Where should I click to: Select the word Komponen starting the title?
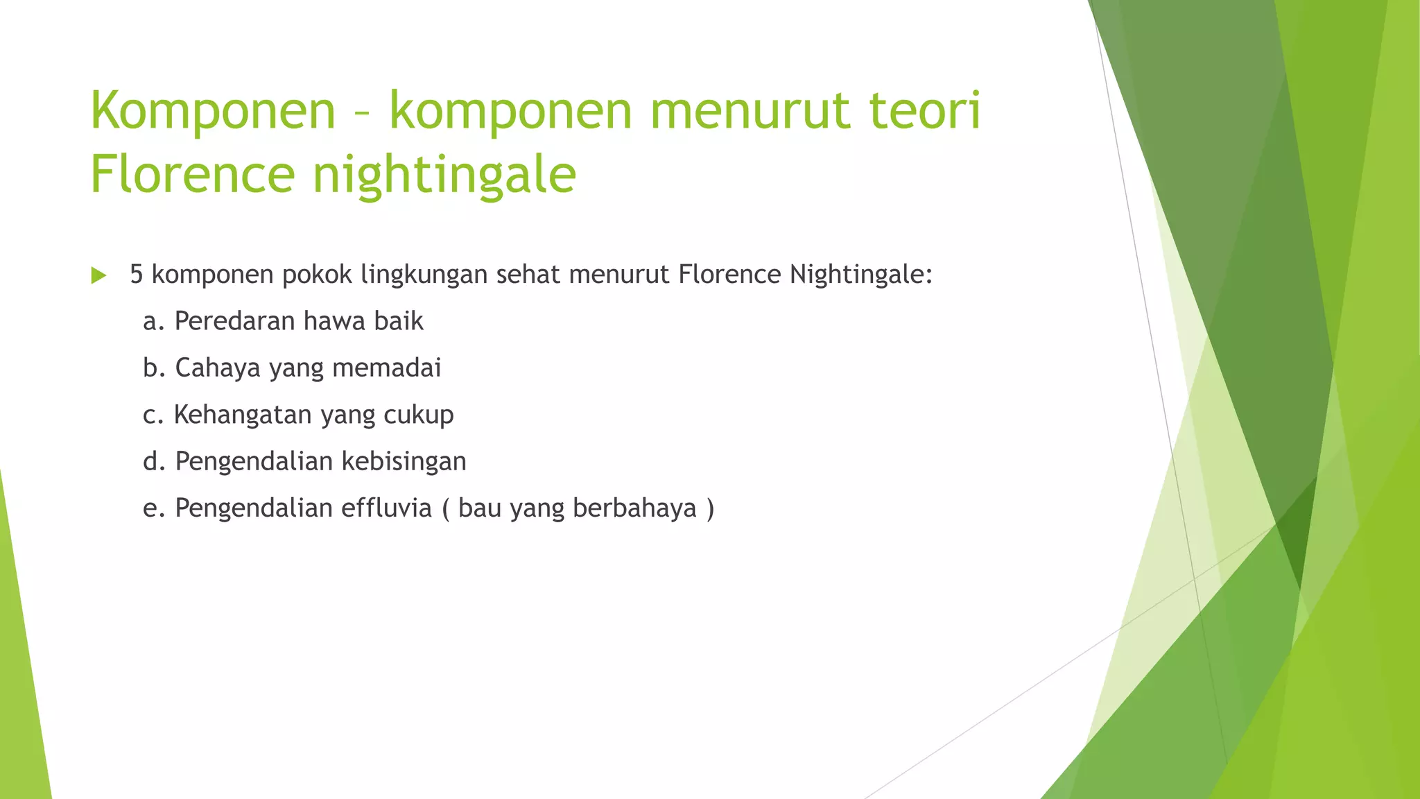213,111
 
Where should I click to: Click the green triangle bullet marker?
98,275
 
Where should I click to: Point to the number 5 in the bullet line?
137,275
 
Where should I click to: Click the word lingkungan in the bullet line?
424,275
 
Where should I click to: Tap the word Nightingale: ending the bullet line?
861,275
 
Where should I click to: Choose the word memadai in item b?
386,368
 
